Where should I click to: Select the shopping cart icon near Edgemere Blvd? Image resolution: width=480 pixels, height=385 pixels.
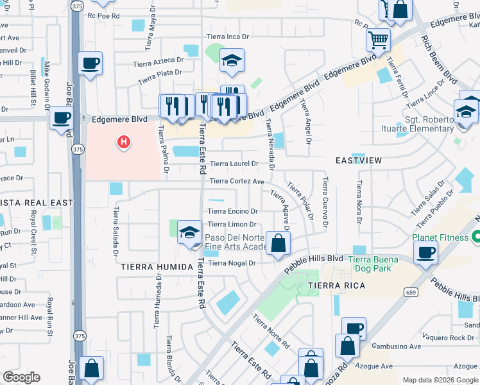click(x=378, y=40)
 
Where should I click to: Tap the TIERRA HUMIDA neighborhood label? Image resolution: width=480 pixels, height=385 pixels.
click(x=157, y=267)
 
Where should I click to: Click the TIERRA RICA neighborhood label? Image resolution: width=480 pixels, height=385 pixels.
click(x=337, y=286)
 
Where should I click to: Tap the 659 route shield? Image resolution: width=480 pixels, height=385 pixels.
click(x=411, y=293)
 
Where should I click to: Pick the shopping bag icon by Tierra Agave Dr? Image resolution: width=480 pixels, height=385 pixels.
click(x=279, y=244)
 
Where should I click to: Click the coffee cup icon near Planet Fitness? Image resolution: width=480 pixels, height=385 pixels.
click(x=425, y=252)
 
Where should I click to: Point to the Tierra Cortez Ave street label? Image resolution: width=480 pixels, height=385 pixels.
click(x=236, y=182)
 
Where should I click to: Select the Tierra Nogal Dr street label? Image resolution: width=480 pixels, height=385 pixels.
click(x=232, y=263)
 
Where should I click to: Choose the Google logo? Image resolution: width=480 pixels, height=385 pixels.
click(x=21, y=377)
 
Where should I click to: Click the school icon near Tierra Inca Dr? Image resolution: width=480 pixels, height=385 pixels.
click(x=232, y=61)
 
